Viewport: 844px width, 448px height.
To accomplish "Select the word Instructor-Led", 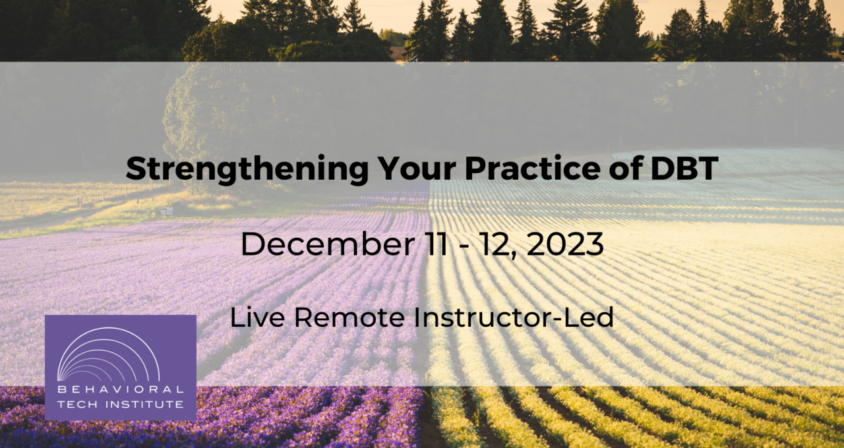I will [514, 318].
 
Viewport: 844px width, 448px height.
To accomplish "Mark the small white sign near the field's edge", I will [166, 211].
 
